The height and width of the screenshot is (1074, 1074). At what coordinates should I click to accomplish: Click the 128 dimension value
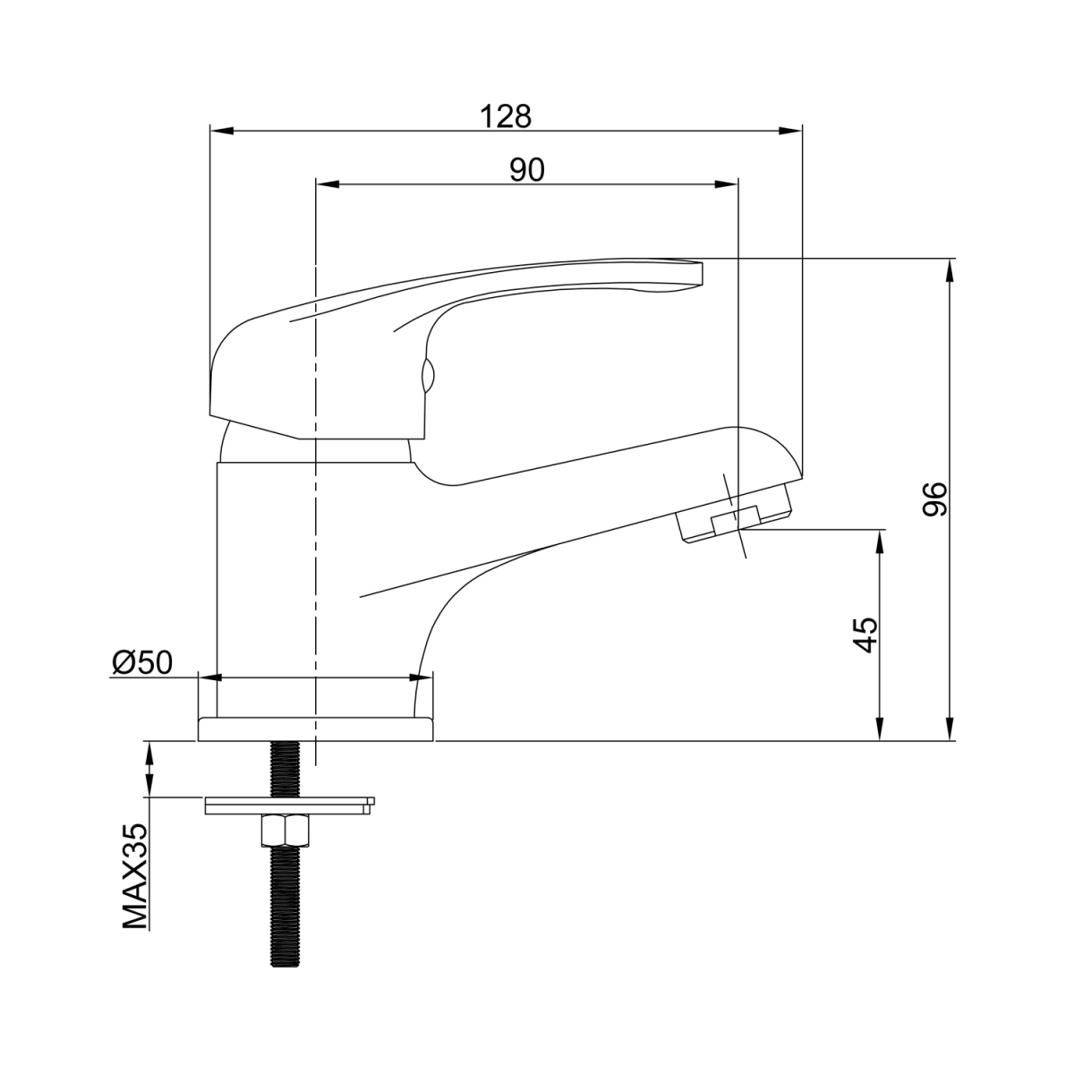[x=506, y=116]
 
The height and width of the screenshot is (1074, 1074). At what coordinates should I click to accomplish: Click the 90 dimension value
[x=526, y=170]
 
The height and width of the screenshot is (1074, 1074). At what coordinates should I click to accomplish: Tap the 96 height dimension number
[x=934, y=499]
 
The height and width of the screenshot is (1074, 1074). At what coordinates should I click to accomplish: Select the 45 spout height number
[x=865, y=635]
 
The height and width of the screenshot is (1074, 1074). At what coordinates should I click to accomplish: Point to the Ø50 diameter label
[x=142, y=662]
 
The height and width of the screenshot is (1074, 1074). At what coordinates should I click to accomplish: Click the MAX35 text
[x=135, y=885]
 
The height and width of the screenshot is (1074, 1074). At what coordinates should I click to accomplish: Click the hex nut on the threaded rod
[x=285, y=830]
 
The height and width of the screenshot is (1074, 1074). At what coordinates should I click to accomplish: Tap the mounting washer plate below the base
[x=290, y=805]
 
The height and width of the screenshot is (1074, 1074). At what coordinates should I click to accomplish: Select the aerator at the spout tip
[x=734, y=512]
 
